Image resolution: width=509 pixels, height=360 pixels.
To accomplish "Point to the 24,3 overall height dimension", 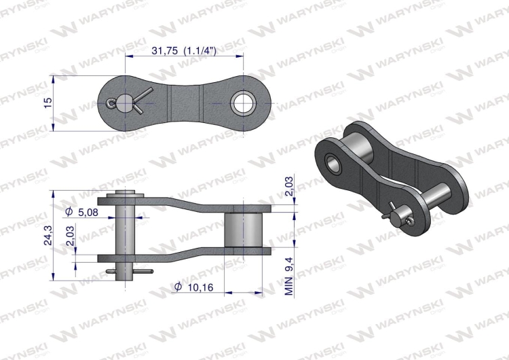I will point(45,234).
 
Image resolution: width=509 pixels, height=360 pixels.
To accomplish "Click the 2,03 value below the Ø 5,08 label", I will point(71,236).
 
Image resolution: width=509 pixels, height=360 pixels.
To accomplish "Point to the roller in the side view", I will point(244,230).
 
